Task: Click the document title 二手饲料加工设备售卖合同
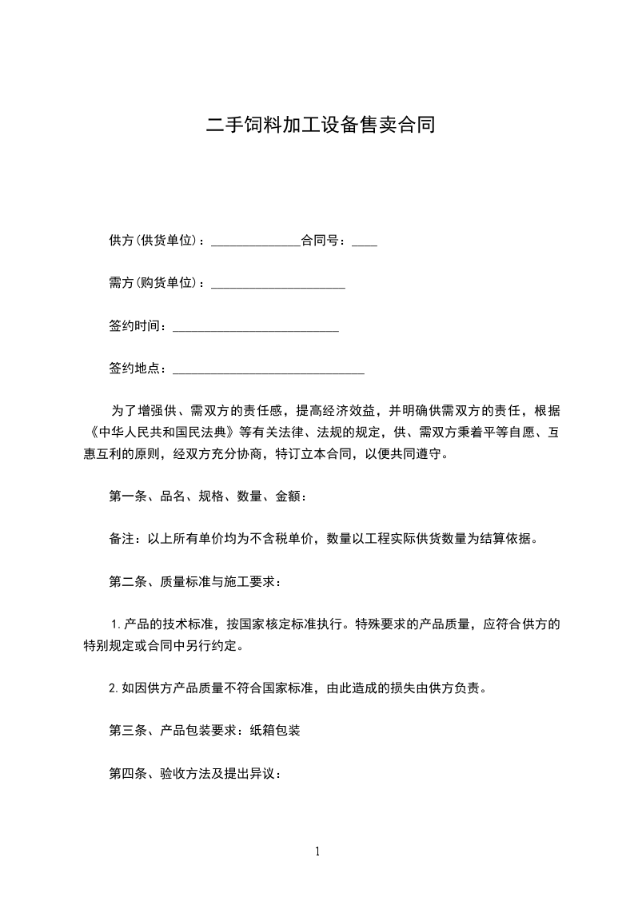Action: tap(321, 126)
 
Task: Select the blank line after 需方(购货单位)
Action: tap(277, 286)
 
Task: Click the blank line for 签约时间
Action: tap(256, 329)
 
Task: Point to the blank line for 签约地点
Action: tap(269, 373)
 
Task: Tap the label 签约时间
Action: tap(134, 326)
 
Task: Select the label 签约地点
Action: tap(134, 369)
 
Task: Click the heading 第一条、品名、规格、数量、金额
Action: tap(205, 496)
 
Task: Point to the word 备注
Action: tap(121, 539)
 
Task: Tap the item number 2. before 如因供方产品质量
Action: tap(114, 688)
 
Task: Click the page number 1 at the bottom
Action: tap(317, 852)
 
